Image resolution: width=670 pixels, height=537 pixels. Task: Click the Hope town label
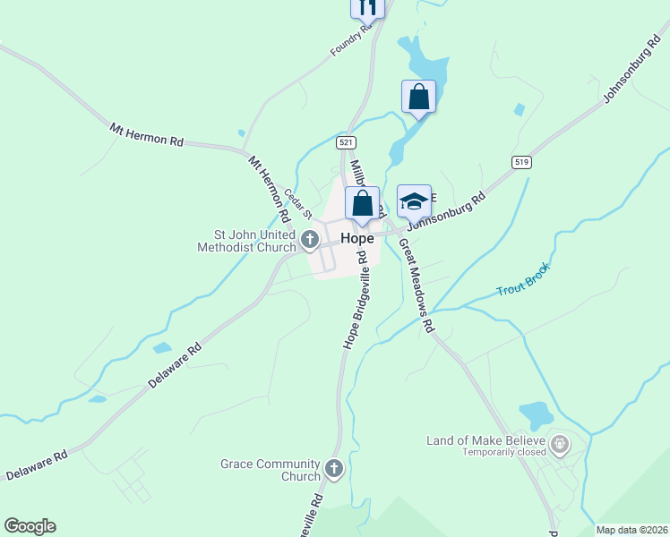click(x=357, y=239)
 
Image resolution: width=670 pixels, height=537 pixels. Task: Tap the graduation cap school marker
click(x=414, y=202)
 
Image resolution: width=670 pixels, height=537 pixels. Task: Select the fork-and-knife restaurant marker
click(x=366, y=7)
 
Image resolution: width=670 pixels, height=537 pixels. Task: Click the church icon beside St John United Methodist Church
click(x=310, y=239)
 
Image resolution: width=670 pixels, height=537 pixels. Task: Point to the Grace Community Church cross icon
click(x=334, y=468)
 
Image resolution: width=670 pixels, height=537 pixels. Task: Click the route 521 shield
click(x=348, y=142)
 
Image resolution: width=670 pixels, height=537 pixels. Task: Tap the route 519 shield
click(x=522, y=162)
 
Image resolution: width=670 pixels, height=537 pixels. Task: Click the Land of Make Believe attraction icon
click(x=560, y=442)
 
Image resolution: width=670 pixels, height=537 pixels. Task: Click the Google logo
click(x=30, y=526)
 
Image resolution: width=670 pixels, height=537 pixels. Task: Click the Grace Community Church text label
click(x=271, y=470)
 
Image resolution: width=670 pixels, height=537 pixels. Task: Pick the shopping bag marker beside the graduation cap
click(x=362, y=203)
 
